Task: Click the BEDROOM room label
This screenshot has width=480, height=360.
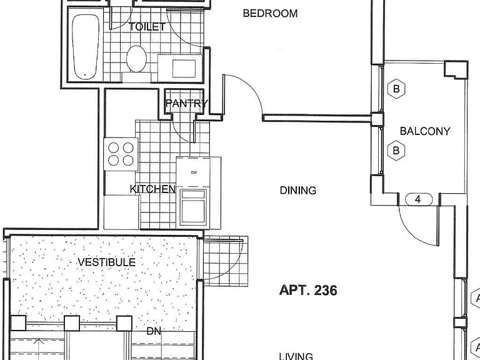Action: pyautogui.click(x=270, y=14)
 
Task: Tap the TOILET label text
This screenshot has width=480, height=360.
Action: pyautogui.click(x=147, y=27)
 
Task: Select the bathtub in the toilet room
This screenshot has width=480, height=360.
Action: pyautogui.click(x=86, y=47)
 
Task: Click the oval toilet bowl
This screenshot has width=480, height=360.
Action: pyautogui.click(x=136, y=59)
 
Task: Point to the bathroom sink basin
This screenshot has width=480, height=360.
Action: pyautogui.click(x=184, y=69)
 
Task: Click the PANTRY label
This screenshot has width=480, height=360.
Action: pyautogui.click(x=187, y=104)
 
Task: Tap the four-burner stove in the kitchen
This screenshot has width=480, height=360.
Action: pyautogui.click(x=121, y=154)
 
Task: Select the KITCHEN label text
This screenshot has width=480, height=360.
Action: pyautogui.click(x=152, y=189)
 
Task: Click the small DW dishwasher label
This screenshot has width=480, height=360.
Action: pyautogui.click(x=194, y=172)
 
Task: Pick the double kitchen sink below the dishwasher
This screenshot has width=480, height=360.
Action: pyautogui.click(x=193, y=207)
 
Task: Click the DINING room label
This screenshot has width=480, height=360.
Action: pyautogui.click(x=298, y=191)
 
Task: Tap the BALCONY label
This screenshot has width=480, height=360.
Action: pyautogui.click(x=425, y=131)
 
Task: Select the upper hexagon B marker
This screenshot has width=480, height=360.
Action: pyautogui.click(x=396, y=89)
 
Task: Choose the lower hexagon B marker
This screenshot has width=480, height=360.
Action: pyautogui.click(x=396, y=151)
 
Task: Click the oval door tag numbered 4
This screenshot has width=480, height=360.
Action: pyautogui.click(x=419, y=199)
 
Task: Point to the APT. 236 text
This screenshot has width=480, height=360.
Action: pyautogui.click(x=308, y=290)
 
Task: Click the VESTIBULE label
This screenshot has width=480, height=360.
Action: pyautogui.click(x=106, y=262)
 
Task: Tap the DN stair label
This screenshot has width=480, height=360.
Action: pyautogui.click(x=154, y=331)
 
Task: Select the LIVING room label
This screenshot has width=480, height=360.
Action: pyautogui.click(x=296, y=356)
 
